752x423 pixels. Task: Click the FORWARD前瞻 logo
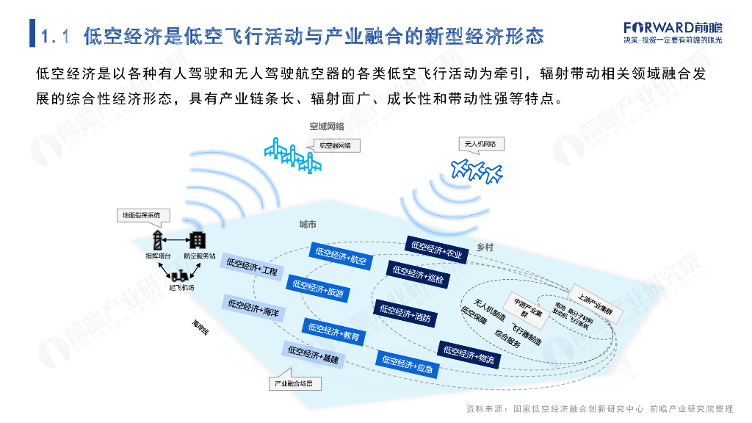[672, 27]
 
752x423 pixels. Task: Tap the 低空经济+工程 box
[253, 267]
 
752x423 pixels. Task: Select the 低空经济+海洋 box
[253, 307]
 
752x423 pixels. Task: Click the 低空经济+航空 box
[341, 256]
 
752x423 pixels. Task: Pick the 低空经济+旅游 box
[318, 288]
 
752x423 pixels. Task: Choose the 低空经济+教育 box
[333, 332]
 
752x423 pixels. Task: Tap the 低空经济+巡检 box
[418, 272]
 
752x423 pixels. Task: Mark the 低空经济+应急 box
[406, 363]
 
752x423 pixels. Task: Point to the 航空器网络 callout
[339, 145]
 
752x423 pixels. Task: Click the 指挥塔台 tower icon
[158, 240]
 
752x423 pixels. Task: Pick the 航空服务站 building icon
[199, 240]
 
